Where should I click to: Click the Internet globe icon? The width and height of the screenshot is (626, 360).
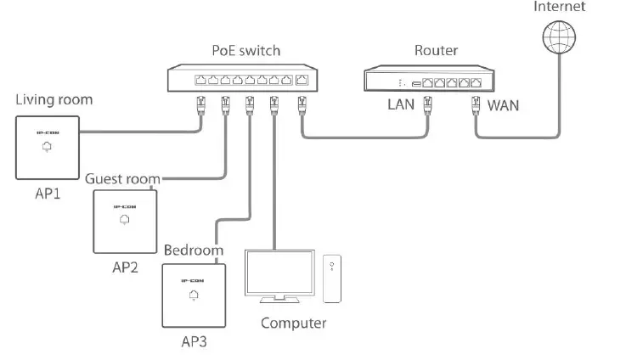point(561,37)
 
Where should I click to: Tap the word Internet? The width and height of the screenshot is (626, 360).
point(559,7)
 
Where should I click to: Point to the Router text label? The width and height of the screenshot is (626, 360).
point(436,51)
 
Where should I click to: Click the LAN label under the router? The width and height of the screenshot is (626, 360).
point(401,106)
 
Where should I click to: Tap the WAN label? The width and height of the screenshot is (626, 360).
point(504,107)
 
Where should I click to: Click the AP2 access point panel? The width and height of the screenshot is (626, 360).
point(125,220)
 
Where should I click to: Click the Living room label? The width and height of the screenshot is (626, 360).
point(54,100)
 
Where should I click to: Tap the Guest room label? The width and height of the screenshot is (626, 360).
point(123,178)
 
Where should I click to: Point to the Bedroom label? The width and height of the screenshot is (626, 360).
point(194,250)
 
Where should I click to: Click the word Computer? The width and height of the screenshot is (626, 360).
point(293,323)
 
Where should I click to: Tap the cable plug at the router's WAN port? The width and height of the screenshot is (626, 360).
point(477,106)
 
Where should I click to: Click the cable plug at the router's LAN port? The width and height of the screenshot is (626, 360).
point(429,106)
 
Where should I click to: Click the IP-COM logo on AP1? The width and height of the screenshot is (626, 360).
point(46,132)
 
